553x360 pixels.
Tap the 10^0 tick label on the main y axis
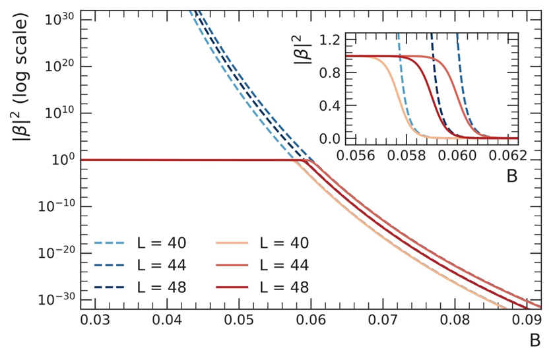pyautogui.click(x=64, y=160)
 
